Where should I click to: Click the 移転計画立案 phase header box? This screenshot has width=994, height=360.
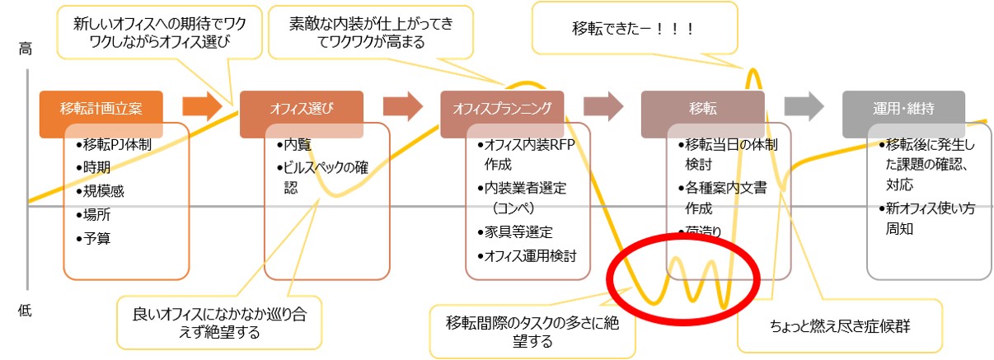tap(101, 108)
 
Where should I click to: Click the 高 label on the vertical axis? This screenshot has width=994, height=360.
tap(25, 50)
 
